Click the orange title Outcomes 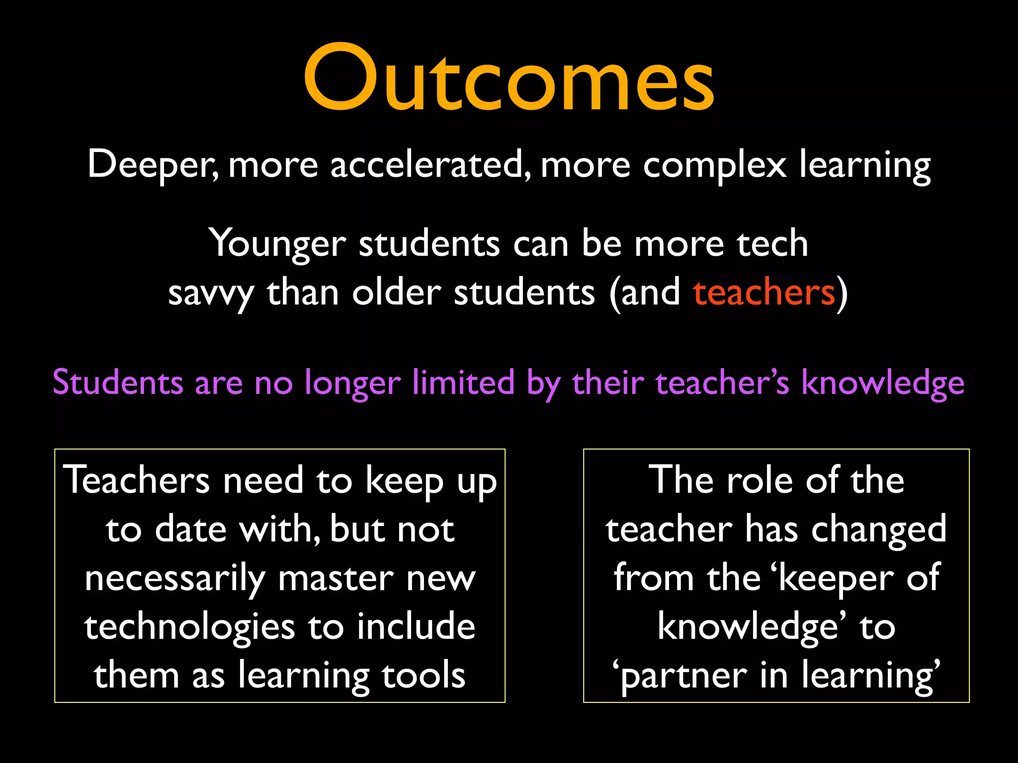pos(509,77)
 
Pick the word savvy pos(211,294)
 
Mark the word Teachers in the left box pos(137,480)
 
